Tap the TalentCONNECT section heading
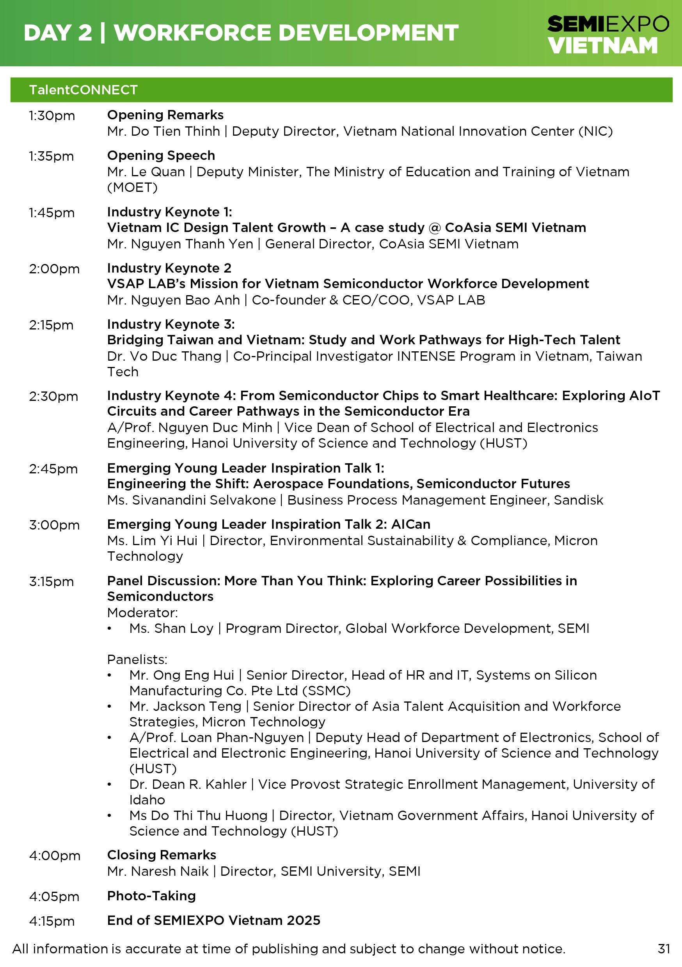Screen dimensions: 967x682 [83, 90]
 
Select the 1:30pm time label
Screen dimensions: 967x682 [52, 115]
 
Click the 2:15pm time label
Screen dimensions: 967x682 [51, 325]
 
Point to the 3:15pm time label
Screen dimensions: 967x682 [52, 581]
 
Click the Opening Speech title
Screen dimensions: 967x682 [161, 156]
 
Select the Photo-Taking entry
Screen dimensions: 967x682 [151, 895]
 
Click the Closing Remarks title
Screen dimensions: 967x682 [162, 855]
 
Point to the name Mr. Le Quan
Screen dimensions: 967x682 [146, 172]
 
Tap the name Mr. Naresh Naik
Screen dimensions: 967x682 [158, 871]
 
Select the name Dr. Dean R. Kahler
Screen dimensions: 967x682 [188, 784]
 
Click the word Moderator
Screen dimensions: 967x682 [142, 613]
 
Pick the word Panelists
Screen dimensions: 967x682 [137, 659]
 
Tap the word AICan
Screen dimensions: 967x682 [410, 524]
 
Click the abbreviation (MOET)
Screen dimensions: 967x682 [132, 188]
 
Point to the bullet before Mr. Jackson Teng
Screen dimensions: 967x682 [110, 706]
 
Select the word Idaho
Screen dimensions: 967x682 [147, 800]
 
